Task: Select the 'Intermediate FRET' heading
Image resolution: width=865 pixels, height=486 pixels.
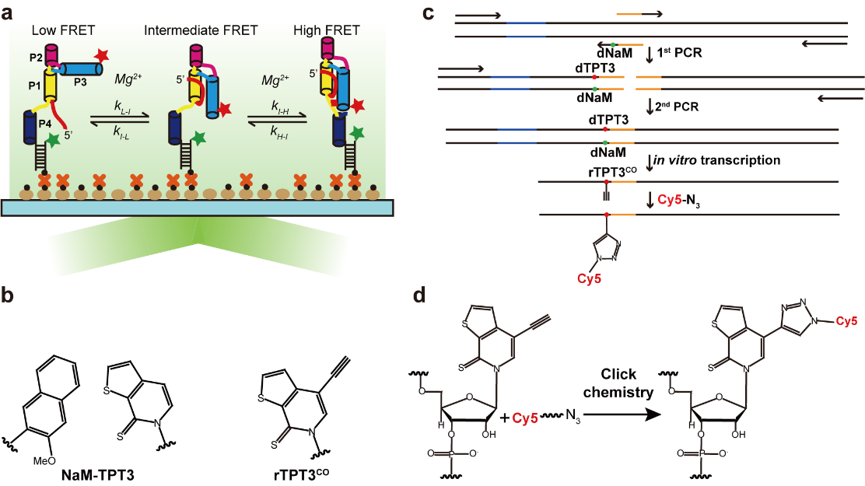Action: pyautogui.click(x=193, y=31)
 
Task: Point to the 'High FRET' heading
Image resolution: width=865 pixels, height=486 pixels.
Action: pyautogui.click(x=327, y=31)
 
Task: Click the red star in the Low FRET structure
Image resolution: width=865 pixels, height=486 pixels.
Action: pyautogui.click(x=99, y=57)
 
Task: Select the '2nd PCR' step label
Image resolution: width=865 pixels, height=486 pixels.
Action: pyautogui.click(x=678, y=104)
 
